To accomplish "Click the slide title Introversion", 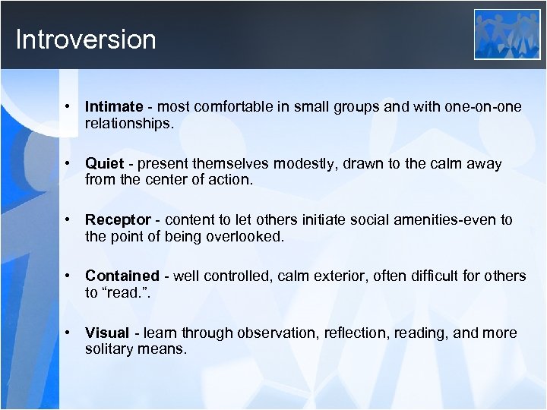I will pos(85,39).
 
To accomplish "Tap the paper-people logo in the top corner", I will pos(507,34).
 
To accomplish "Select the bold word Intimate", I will pos(114,107).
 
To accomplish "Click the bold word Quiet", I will pos(103,163).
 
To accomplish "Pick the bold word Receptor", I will pos(118,219).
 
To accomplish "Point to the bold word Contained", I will pos(122,276).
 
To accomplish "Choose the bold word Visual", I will pos(106,333).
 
